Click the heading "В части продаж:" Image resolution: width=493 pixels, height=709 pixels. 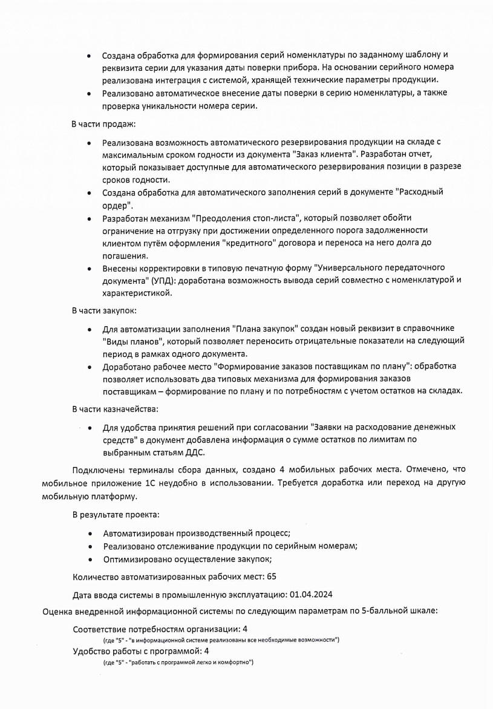tap(103, 124)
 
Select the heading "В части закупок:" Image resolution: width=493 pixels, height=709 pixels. tap(104, 310)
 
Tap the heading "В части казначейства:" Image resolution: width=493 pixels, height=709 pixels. tap(115, 409)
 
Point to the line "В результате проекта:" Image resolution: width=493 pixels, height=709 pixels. tap(116, 515)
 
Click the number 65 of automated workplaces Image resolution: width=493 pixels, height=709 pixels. tap(272, 577)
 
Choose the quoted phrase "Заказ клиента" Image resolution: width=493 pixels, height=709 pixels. tap(323, 154)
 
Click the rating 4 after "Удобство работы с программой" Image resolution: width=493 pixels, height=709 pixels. tap(207, 652)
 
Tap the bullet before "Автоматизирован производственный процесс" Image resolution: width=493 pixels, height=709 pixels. tap(90, 534)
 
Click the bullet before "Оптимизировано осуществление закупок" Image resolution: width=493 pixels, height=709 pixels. tap(90, 560)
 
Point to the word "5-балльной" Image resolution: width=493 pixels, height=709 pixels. tap(382, 612)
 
